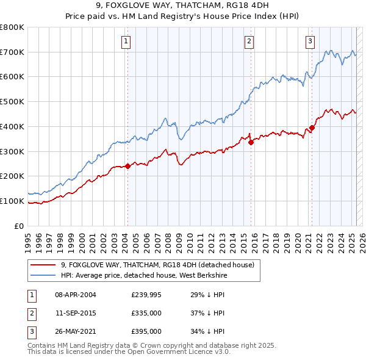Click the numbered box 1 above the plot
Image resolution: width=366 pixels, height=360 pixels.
(125, 41)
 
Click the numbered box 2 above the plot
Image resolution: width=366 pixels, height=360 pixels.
(249, 41)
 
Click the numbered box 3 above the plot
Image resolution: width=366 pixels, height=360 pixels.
(310, 41)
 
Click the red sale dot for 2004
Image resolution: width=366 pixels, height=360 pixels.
(127, 166)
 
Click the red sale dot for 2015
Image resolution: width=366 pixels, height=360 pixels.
(251, 142)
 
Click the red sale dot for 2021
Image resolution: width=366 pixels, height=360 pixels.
(312, 128)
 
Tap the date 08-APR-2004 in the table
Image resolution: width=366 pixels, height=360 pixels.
(76, 295)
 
